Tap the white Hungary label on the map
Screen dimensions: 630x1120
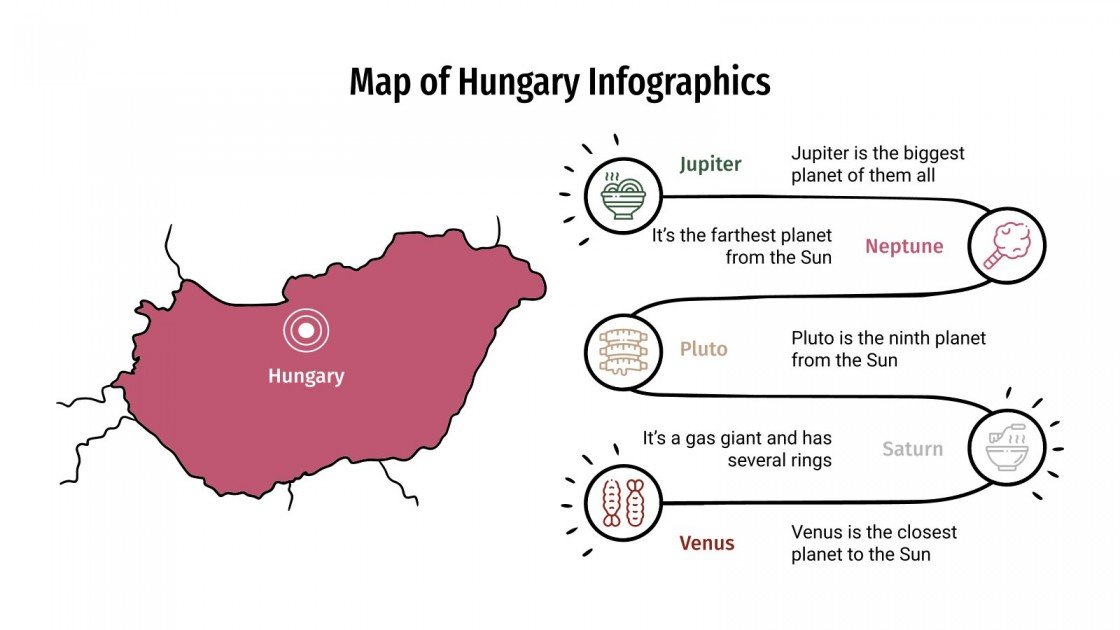(x=306, y=377)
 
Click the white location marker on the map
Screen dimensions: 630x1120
(x=306, y=329)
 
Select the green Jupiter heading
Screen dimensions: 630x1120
(x=710, y=165)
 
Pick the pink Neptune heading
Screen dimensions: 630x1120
(x=904, y=246)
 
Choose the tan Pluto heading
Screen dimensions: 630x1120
(x=703, y=350)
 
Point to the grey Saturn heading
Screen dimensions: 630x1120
(x=912, y=449)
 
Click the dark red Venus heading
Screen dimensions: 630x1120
(x=707, y=544)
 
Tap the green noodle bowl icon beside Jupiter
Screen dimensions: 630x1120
(x=622, y=193)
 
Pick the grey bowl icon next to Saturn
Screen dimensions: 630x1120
(x=1007, y=449)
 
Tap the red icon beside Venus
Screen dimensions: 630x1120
(x=622, y=502)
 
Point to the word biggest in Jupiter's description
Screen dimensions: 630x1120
(x=931, y=154)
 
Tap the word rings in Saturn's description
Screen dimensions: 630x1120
(x=808, y=460)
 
